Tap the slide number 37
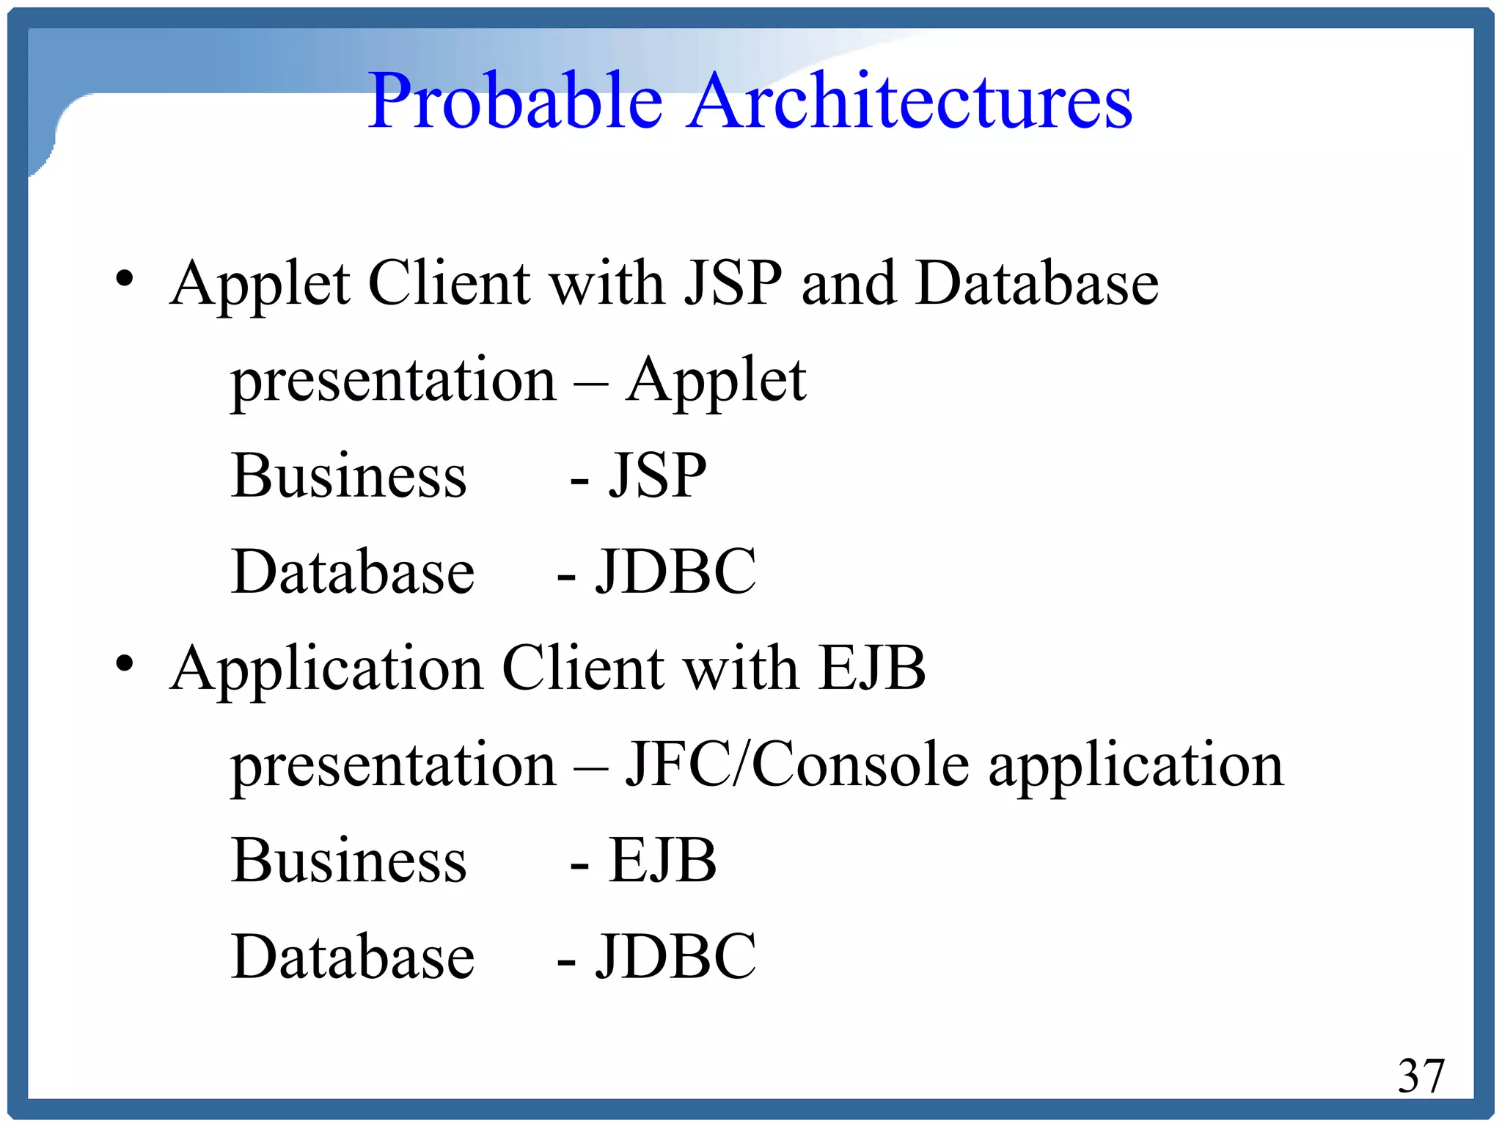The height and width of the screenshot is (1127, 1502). [1421, 1076]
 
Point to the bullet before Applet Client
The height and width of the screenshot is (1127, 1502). [125, 279]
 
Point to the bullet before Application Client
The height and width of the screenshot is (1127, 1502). [125, 663]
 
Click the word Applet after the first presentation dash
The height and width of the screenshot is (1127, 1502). [716, 382]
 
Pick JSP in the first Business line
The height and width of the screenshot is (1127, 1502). [658, 475]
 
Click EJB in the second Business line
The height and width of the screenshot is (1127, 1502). [662, 860]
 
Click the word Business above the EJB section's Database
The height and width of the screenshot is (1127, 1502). [349, 860]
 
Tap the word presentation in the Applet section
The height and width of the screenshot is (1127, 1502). [394, 382]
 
